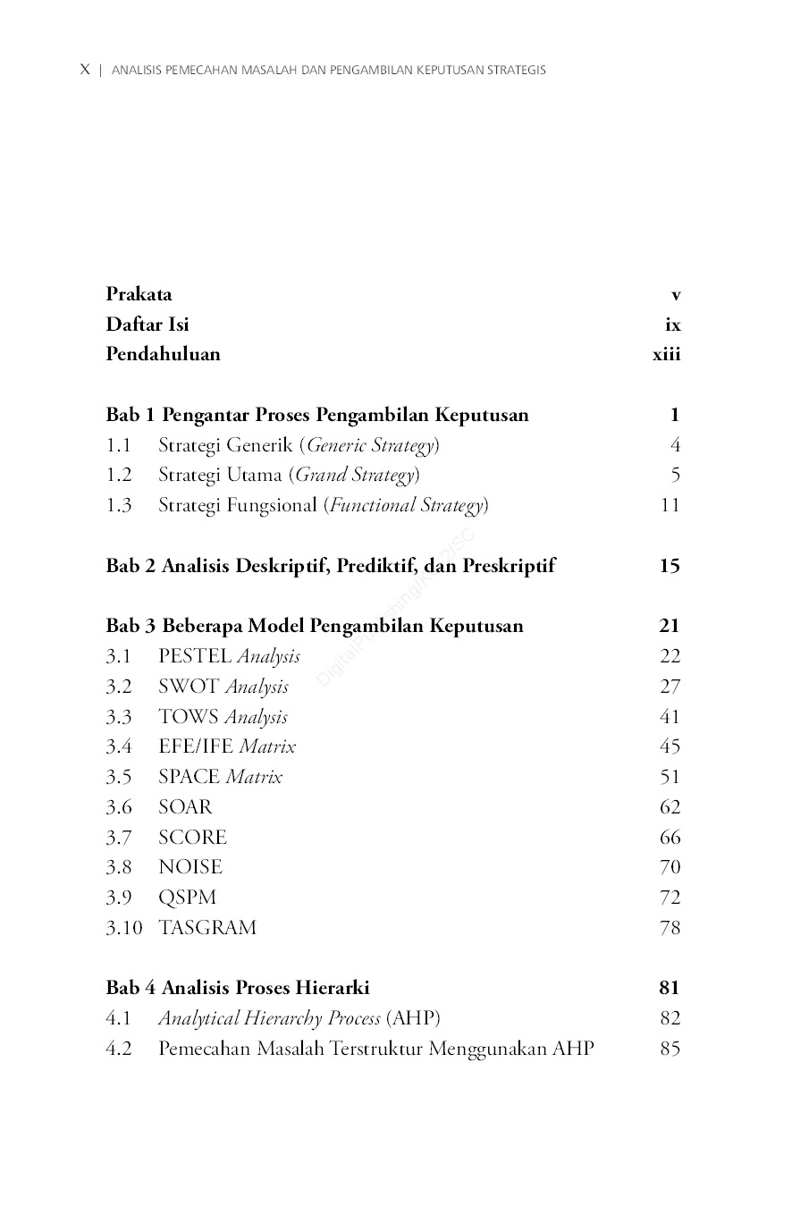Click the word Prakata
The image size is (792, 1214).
tap(139, 294)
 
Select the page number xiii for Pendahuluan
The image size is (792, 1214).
tap(666, 354)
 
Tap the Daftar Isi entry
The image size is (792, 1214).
tap(147, 324)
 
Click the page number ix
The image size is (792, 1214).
tap(672, 325)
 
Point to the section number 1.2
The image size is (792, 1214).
tap(118, 475)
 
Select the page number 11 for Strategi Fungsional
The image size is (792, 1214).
tap(670, 505)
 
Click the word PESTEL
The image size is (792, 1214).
tap(195, 656)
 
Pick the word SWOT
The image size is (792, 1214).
tap(189, 687)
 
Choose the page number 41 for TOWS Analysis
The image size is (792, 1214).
tap(670, 717)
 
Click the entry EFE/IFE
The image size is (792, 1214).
tap(196, 746)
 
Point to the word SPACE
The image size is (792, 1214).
tap(189, 777)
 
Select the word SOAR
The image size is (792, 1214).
tap(185, 807)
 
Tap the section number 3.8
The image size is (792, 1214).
tap(118, 867)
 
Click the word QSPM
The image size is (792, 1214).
tap(187, 898)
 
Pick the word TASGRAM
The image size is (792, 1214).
tap(207, 928)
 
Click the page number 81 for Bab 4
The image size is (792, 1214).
tap(670, 988)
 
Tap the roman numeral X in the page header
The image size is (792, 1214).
tap(85, 70)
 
